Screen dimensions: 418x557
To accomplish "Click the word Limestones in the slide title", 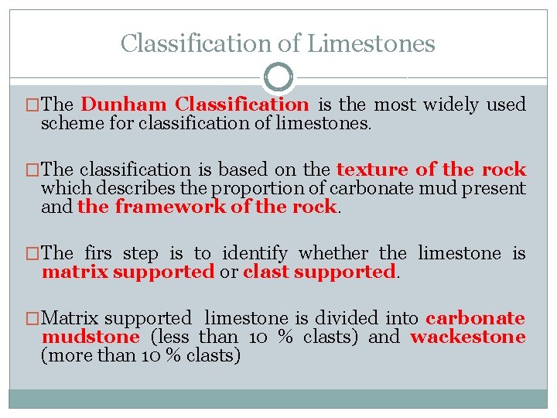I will (371, 43).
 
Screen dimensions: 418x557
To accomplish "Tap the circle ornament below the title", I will (278, 77).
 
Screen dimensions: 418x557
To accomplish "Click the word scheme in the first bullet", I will (65, 122).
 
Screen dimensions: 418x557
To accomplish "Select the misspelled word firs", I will (98, 252).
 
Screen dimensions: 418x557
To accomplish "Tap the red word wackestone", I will (468, 337).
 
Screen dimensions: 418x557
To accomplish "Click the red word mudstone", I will (91, 337).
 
